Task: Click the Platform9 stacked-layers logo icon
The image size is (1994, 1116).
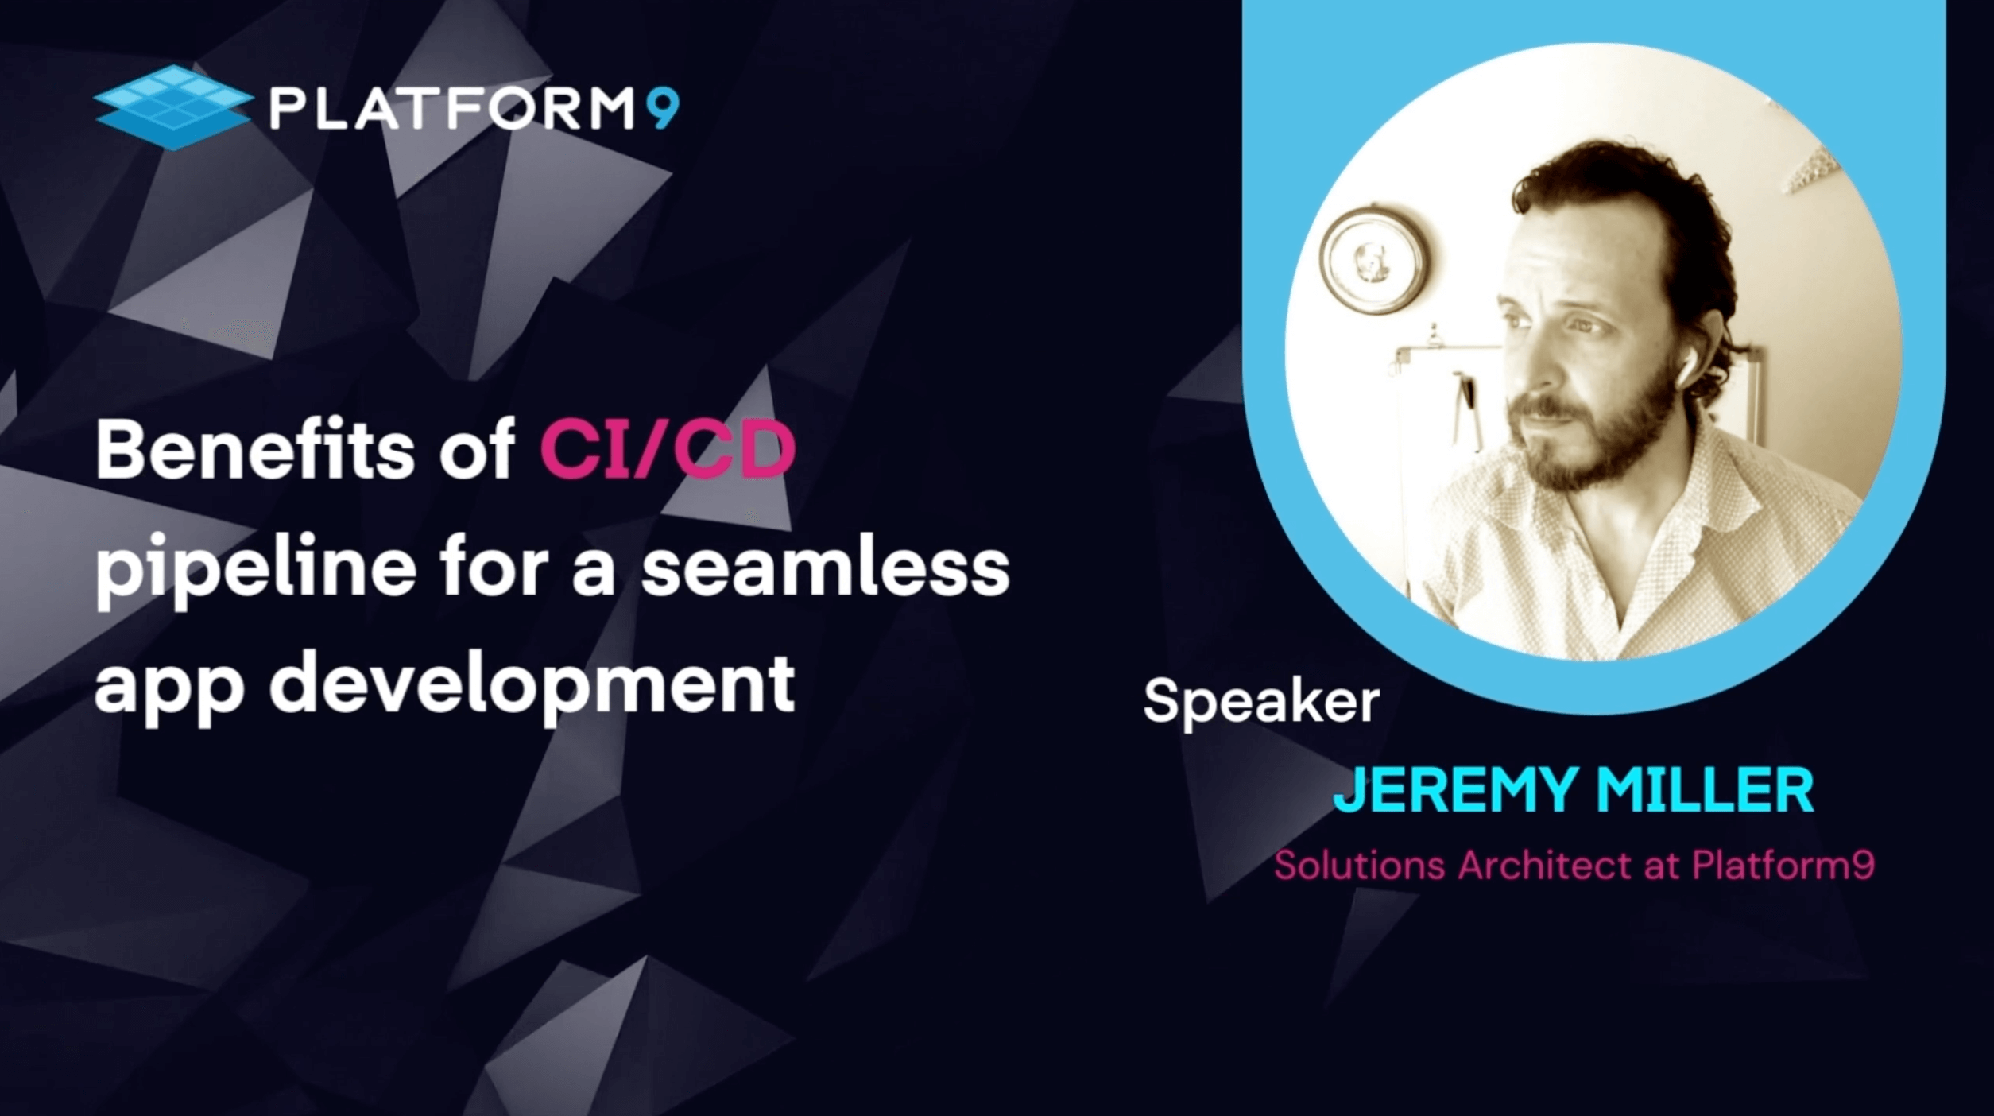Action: [x=173, y=107]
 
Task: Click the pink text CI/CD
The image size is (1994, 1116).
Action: [x=668, y=450]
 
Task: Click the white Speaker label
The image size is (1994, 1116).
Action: [x=1261, y=702]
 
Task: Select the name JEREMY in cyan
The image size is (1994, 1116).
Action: [x=1455, y=789]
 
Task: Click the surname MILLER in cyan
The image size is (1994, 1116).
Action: [x=1706, y=789]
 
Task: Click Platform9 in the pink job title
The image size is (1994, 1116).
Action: [x=1783, y=865]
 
